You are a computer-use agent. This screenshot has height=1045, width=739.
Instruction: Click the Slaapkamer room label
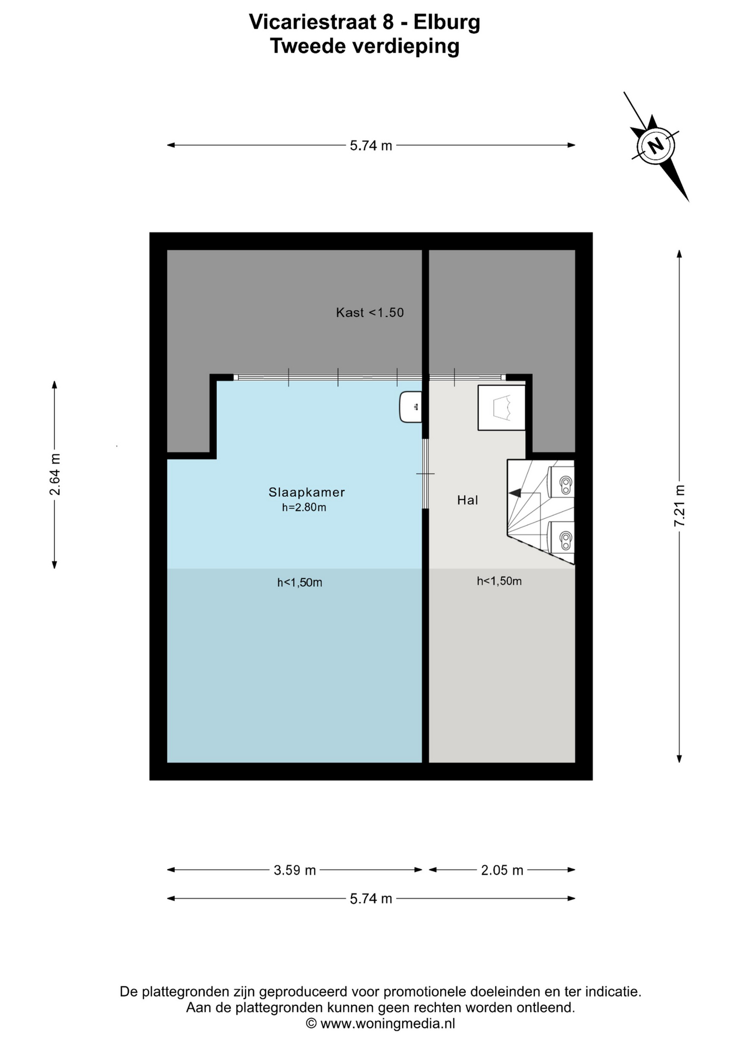click(x=306, y=492)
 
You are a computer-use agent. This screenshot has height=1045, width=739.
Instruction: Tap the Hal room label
click(x=467, y=500)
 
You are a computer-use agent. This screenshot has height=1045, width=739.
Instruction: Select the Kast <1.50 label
click(x=369, y=312)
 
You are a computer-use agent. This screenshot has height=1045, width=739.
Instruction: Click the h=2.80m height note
click(x=304, y=508)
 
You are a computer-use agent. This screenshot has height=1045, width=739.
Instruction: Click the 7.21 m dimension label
click(x=679, y=506)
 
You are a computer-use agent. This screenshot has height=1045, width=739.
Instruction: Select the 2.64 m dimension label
click(x=54, y=474)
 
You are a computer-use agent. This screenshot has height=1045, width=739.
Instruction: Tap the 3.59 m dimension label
click(x=294, y=870)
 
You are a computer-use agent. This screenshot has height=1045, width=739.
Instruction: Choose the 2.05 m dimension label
click(x=502, y=870)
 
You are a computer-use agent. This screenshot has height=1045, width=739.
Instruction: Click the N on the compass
click(x=656, y=145)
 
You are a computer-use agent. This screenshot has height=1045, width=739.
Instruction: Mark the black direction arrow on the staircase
click(x=515, y=493)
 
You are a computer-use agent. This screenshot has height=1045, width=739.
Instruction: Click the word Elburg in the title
click(x=447, y=22)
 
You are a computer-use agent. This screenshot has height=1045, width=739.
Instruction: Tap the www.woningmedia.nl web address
click(x=387, y=1023)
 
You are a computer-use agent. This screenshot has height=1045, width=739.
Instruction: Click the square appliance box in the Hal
click(x=502, y=408)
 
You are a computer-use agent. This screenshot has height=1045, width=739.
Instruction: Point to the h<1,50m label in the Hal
click(x=499, y=581)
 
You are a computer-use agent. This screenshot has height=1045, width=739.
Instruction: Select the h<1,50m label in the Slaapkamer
click(x=299, y=583)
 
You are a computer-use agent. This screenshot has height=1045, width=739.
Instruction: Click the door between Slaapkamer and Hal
click(x=426, y=474)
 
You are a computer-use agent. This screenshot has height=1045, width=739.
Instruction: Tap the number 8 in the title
click(x=387, y=22)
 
